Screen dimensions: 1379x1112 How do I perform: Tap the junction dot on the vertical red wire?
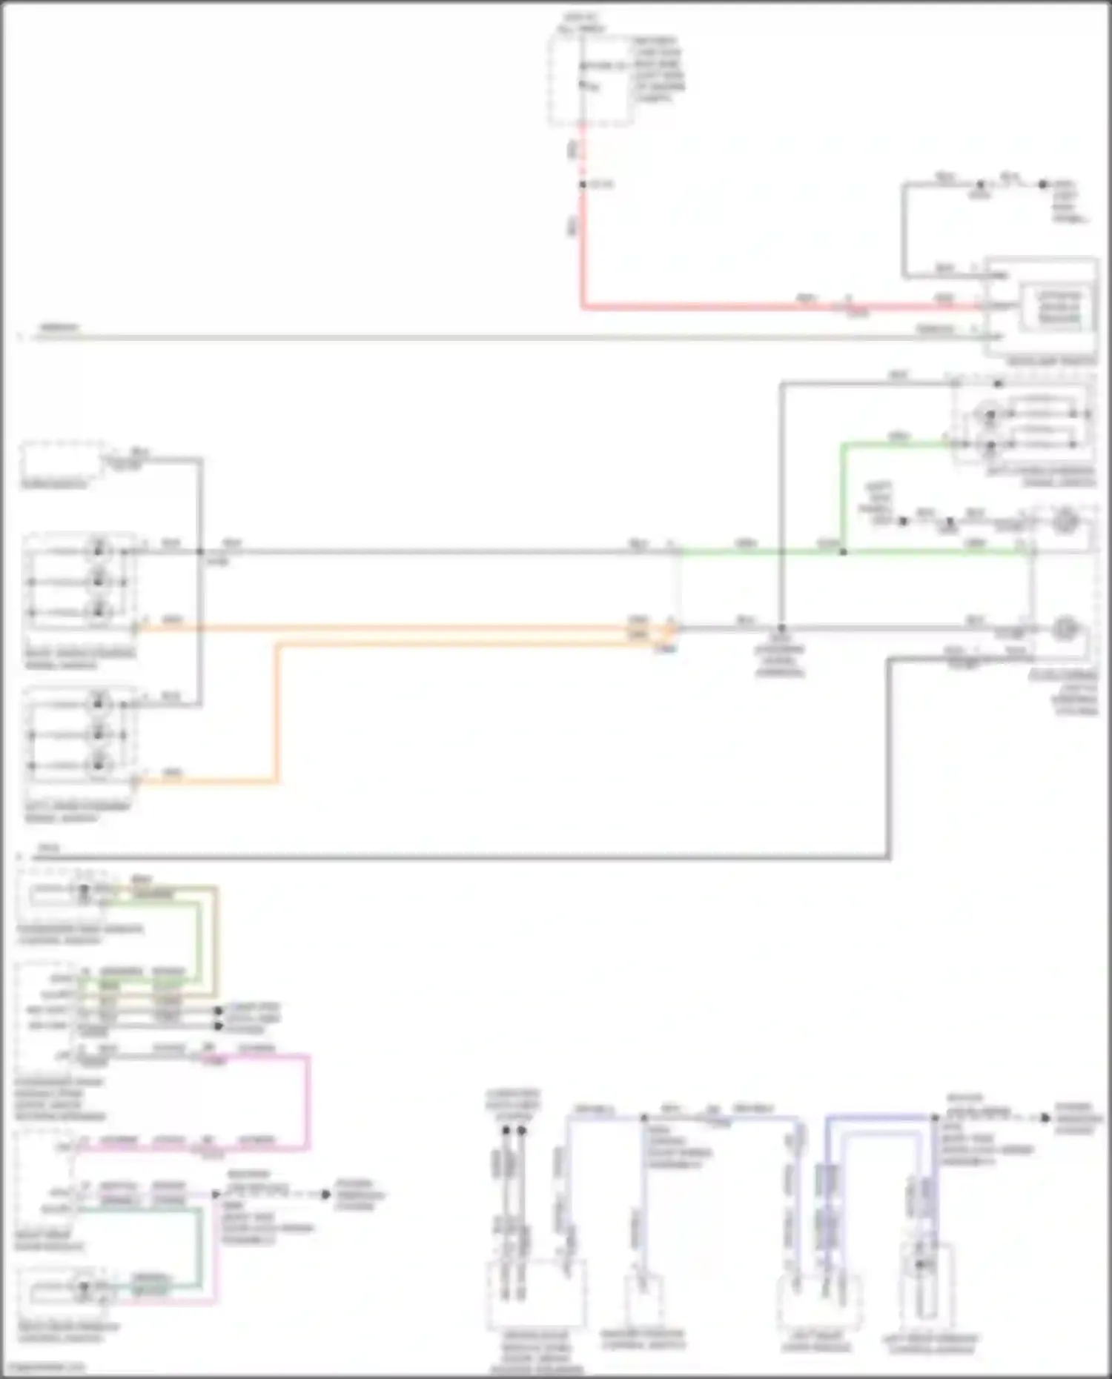(x=583, y=184)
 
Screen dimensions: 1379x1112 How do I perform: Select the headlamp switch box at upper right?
(x=1042, y=308)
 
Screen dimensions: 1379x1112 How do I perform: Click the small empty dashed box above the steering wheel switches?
(x=62, y=462)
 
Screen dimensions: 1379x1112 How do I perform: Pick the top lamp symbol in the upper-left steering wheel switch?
(x=99, y=551)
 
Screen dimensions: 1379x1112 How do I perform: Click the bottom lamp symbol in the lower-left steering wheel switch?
(x=99, y=765)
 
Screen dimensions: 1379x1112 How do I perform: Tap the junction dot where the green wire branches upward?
(x=843, y=552)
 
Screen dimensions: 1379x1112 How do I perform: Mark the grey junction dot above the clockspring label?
(x=781, y=628)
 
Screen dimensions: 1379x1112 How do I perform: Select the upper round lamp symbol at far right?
(x=1065, y=521)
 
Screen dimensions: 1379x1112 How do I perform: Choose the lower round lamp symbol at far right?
(x=1065, y=629)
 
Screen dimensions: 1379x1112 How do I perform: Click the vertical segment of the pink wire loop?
(x=308, y=1103)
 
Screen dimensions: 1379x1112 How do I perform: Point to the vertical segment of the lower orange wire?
(x=278, y=711)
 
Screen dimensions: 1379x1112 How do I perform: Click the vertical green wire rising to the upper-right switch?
(x=843, y=496)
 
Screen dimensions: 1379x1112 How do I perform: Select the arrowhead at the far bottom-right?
(x=1045, y=1117)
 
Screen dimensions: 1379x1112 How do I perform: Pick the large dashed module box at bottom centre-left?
(x=535, y=1293)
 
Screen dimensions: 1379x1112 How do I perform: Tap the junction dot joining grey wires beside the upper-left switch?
(x=200, y=551)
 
